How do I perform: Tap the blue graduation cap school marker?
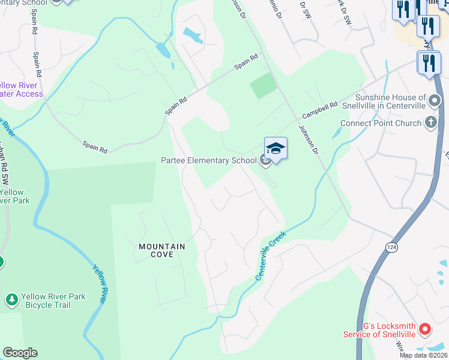(276, 148)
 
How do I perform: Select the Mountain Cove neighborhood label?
(161, 250)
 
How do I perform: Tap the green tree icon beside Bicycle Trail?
(11, 299)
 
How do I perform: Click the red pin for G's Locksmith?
(425, 329)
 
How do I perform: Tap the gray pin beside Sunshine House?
(435, 101)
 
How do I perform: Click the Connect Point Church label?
(381, 124)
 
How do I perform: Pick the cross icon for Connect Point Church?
(431, 123)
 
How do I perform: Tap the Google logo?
(20, 353)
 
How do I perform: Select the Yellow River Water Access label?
(22, 89)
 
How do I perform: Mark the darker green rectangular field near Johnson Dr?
(264, 86)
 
